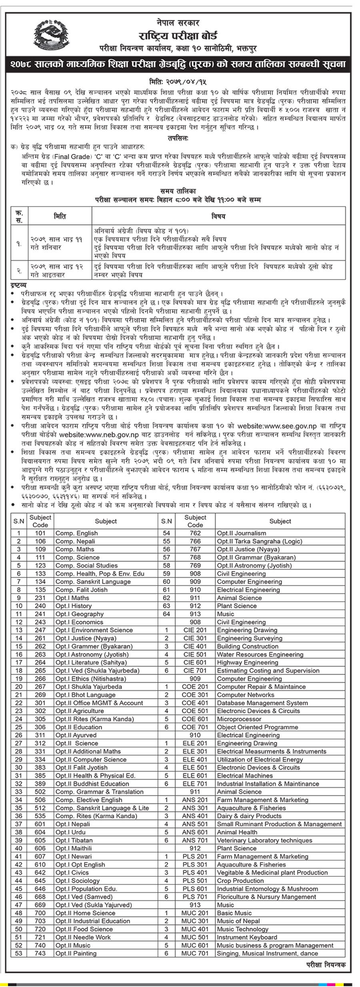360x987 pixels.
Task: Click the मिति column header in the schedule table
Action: pos(60,216)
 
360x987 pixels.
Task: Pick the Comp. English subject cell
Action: pos(76,533)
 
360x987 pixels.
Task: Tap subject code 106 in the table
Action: pos(40,541)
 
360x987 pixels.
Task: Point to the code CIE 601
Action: pos(195,662)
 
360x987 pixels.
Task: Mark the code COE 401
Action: pos(195,703)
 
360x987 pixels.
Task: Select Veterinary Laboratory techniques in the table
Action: pos(264,840)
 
